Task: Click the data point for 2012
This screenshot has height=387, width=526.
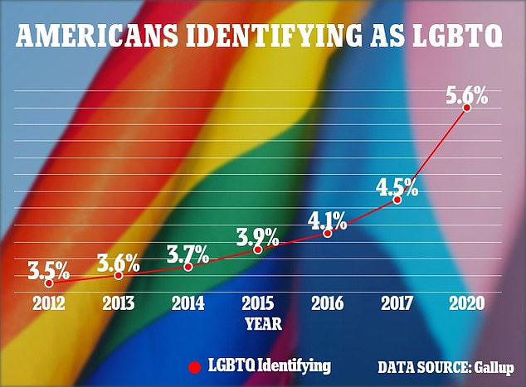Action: coord(48,283)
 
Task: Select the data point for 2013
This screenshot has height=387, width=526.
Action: coord(119,275)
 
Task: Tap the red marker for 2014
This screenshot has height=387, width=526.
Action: coord(188,267)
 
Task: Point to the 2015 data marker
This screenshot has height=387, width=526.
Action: coord(258,249)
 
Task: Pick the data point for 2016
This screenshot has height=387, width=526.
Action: coord(328,234)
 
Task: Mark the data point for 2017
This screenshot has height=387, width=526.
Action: coord(397,200)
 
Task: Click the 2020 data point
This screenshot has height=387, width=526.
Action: coord(467,108)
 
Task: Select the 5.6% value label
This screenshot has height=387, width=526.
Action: coord(466,93)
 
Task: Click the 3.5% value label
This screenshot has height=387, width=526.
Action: coord(48,269)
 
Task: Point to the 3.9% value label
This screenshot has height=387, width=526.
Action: coord(257,235)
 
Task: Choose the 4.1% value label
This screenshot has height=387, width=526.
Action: coord(328,220)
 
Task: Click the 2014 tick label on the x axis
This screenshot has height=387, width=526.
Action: coord(188,302)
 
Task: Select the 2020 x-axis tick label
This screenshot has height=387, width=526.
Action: coord(467,302)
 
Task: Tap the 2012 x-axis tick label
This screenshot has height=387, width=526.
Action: coord(48,302)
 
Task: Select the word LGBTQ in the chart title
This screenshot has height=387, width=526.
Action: coord(449,37)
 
